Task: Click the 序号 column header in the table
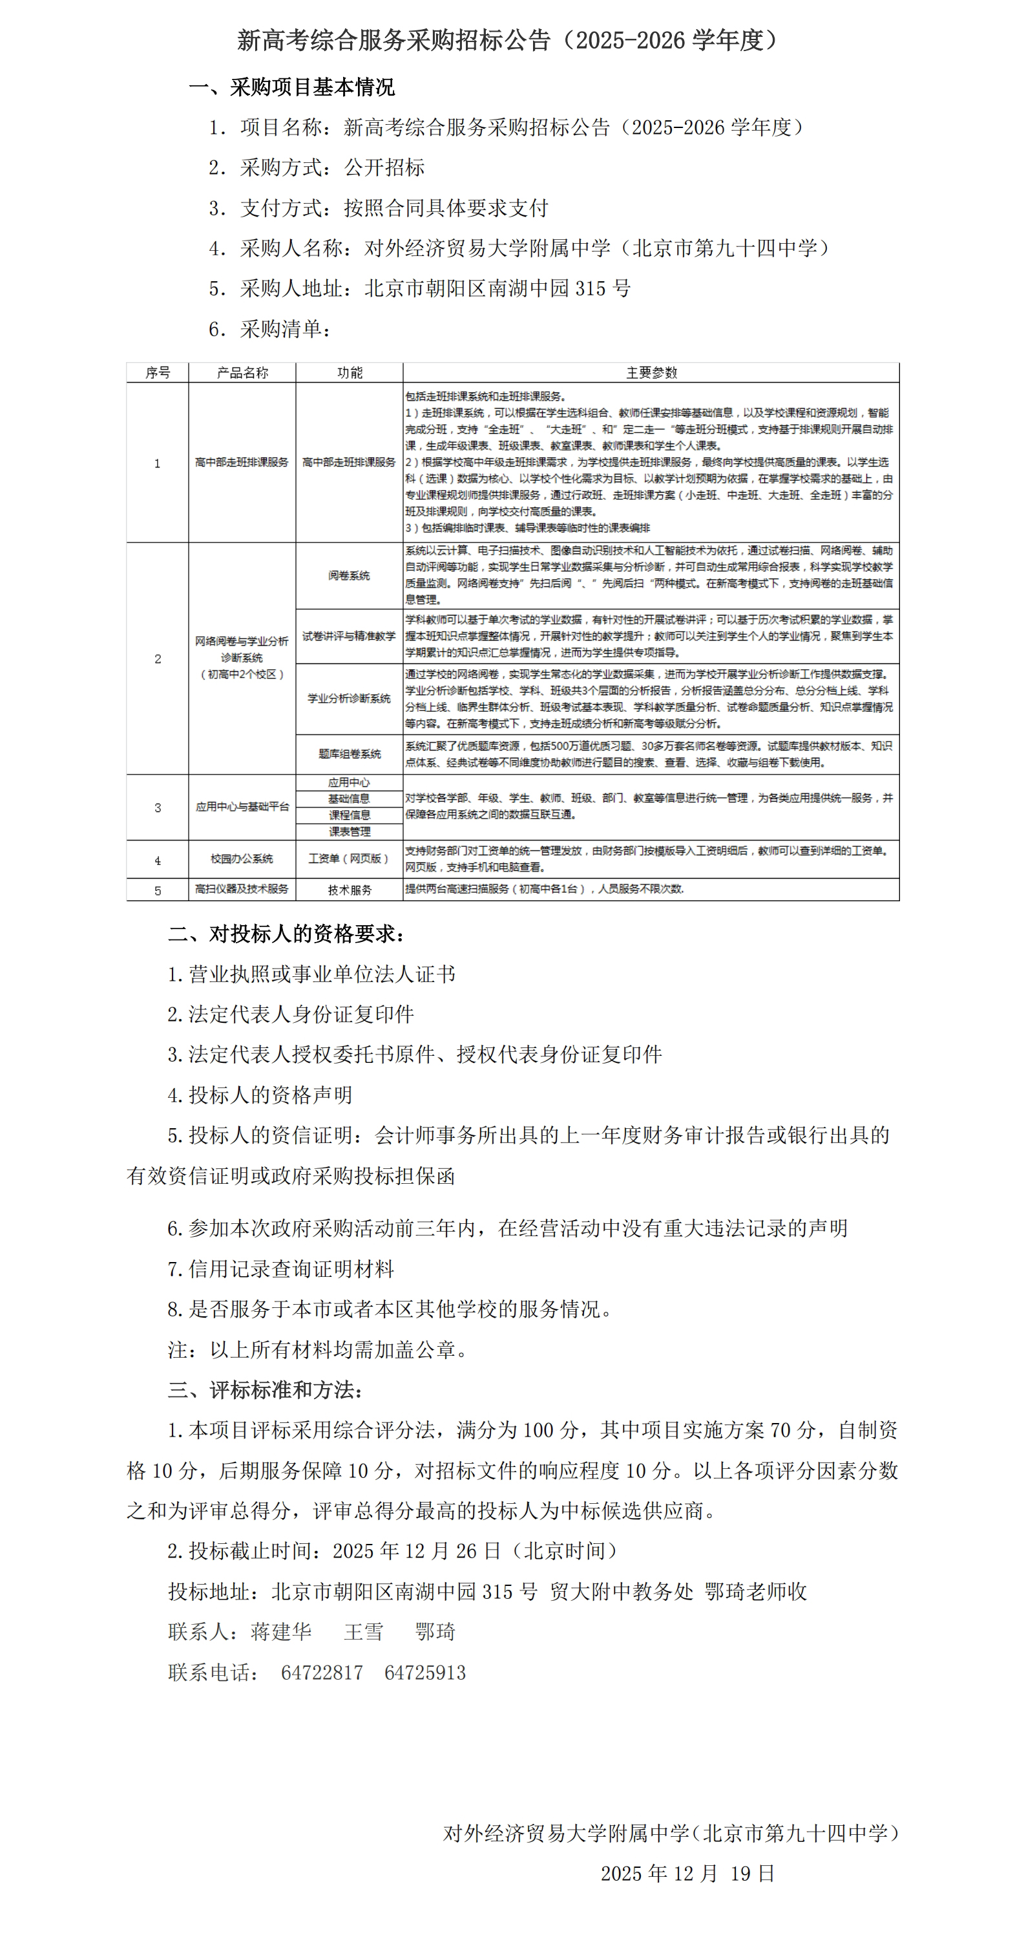pyautogui.click(x=157, y=372)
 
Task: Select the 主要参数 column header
pyautogui.click(x=651, y=372)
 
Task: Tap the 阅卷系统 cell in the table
pyautogui.click(x=349, y=575)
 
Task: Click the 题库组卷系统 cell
pyautogui.click(x=349, y=753)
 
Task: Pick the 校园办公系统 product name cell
pyautogui.click(x=241, y=859)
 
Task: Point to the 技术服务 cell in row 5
pyautogui.click(x=349, y=890)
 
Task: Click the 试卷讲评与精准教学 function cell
pyautogui.click(x=349, y=636)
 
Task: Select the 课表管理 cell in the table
pyautogui.click(x=349, y=831)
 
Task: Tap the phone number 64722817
pyautogui.click(x=322, y=1673)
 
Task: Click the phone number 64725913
pyautogui.click(x=424, y=1673)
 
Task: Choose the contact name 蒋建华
pyautogui.click(x=281, y=1632)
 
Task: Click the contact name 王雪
pyautogui.click(x=364, y=1632)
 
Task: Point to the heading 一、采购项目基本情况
pyautogui.click(x=291, y=87)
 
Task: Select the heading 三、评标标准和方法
pyautogui.click(x=266, y=1389)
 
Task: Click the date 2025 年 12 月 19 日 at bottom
pyautogui.click(x=687, y=1873)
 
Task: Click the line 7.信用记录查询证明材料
pyautogui.click(x=280, y=1269)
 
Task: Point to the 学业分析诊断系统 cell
pyautogui.click(x=349, y=698)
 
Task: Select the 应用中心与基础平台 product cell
pyautogui.click(x=241, y=807)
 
